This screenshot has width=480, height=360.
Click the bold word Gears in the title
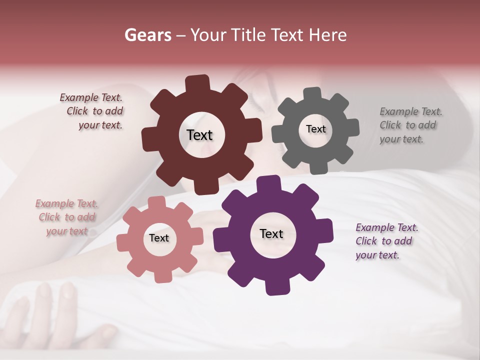147,35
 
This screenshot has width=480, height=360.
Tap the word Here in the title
328,35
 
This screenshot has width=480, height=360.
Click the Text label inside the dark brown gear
199,135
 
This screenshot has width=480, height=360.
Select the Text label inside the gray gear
315,129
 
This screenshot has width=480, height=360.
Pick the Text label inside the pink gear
159,238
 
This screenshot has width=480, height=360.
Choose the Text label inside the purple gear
271,233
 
